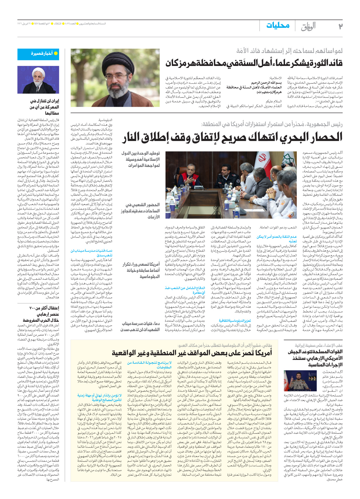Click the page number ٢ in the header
click(340, 26)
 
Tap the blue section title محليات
click(278, 26)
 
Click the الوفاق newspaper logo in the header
click(308, 26)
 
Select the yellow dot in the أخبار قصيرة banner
click(56, 53)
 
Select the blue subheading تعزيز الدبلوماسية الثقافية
click(235, 321)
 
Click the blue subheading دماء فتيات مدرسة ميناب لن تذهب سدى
click(92, 253)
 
